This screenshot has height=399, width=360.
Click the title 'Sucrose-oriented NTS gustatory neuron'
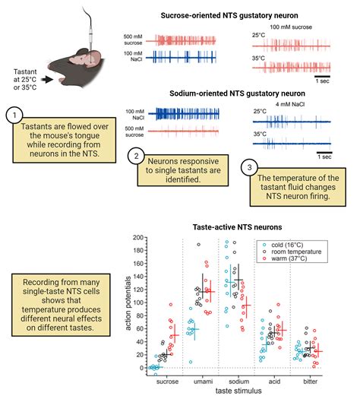229,15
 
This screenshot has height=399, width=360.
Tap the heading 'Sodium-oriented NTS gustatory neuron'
237,93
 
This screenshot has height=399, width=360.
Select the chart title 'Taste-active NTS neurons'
237,227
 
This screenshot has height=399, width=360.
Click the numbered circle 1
14,116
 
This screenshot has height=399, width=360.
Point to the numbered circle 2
136,156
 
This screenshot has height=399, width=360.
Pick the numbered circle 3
249,167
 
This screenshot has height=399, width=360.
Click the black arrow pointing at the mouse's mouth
47,80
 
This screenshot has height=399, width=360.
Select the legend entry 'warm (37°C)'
285,258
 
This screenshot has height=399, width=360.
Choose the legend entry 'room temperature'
292,252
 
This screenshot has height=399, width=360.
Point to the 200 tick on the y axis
138,237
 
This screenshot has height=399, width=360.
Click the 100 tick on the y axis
138,302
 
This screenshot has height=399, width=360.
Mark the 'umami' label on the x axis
203,382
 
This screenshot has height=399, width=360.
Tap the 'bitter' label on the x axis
310,382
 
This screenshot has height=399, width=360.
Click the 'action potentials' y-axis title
128,303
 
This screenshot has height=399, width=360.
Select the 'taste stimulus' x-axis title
238,391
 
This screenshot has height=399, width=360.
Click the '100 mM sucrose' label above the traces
291,27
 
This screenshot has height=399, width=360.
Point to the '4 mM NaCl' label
290,104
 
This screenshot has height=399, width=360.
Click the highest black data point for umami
198,245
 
